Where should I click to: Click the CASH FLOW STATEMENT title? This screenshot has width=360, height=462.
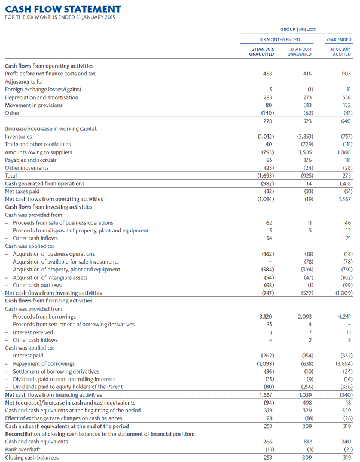[63, 9]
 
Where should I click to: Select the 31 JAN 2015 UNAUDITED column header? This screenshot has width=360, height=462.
[261, 52]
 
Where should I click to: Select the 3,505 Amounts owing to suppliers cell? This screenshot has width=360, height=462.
[304, 152]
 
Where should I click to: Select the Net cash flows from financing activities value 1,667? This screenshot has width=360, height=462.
[264, 394]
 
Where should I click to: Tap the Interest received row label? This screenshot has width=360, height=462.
[33, 332]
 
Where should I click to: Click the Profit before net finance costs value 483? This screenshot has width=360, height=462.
[267, 74]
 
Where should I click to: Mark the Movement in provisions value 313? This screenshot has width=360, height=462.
[307, 105]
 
